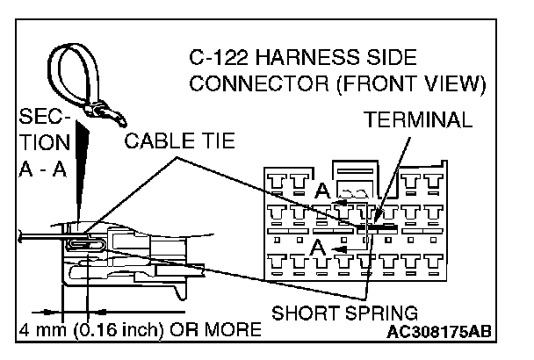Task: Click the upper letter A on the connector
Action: click(x=323, y=191)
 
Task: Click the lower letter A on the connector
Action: click(x=322, y=250)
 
